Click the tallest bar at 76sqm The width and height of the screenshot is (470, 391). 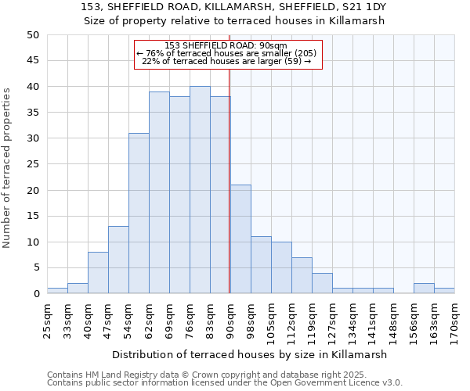(200, 190)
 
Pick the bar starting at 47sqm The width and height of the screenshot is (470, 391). (118, 260)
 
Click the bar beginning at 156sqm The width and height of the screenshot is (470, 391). (424, 289)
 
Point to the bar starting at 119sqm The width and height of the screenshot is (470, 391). (322, 283)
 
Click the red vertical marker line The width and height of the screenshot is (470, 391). (230, 195)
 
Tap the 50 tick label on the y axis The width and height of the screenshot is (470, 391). (32, 35)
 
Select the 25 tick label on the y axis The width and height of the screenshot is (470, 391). (32, 164)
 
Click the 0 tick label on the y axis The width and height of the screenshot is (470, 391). (35, 294)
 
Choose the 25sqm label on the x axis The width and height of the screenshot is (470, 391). (47, 317)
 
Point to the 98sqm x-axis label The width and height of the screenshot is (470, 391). (251, 317)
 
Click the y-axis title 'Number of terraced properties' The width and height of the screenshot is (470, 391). (8, 167)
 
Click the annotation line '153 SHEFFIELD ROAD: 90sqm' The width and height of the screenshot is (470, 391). (227, 45)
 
